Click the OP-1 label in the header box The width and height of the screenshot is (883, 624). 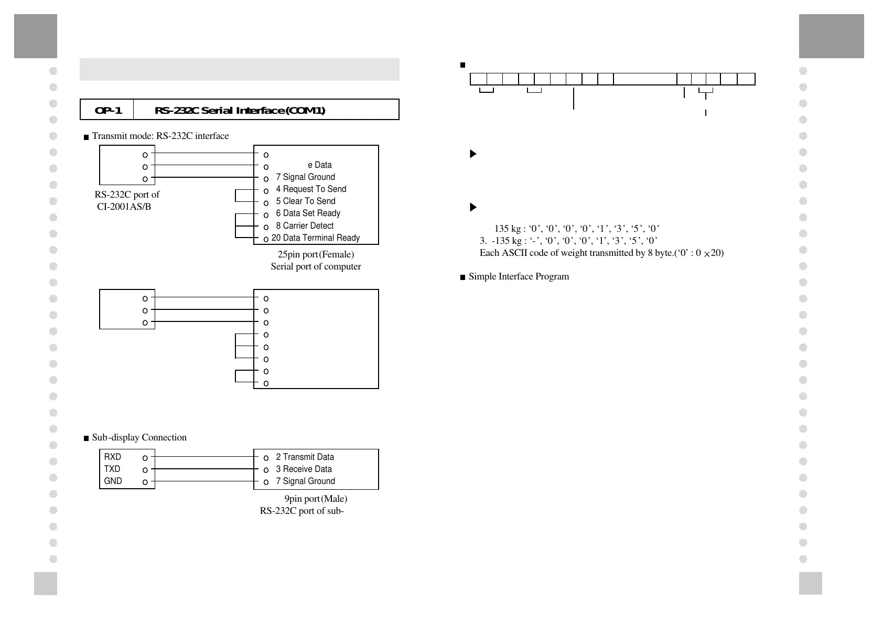(108, 110)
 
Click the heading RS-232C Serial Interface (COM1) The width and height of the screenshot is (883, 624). (240, 110)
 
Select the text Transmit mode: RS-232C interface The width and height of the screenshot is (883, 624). (160, 136)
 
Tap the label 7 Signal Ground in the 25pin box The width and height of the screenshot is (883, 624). (305, 177)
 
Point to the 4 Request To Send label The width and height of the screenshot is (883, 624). (311, 189)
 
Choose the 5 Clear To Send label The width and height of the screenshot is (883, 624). (306, 201)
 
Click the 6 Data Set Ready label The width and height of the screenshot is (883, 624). (308, 213)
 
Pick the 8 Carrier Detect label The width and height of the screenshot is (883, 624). (305, 226)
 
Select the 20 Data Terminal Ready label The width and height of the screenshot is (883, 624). (316, 238)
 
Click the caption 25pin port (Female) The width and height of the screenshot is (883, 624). (316, 254)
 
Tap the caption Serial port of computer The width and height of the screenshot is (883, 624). (316, 266)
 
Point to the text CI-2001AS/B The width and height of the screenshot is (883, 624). (124, 207)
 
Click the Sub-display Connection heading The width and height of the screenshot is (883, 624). (139, 437)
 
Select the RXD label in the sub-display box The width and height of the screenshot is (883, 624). (112, 457)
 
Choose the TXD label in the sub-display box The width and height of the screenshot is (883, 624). (112, 469)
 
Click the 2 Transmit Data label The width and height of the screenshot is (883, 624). (305, 457)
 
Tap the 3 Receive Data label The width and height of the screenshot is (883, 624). (304, 469)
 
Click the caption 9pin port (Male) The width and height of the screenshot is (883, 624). (316, 499)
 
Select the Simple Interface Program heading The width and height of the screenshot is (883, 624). (519, 276)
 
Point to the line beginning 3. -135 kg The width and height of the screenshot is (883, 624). (568, 241)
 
